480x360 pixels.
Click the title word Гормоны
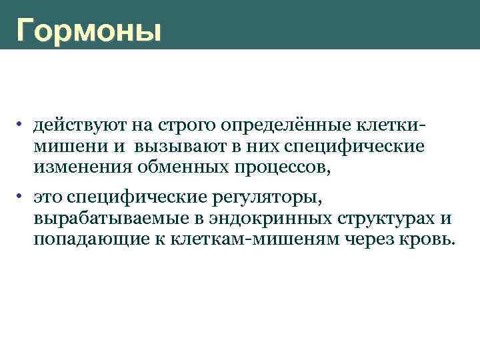click(89, 29)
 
